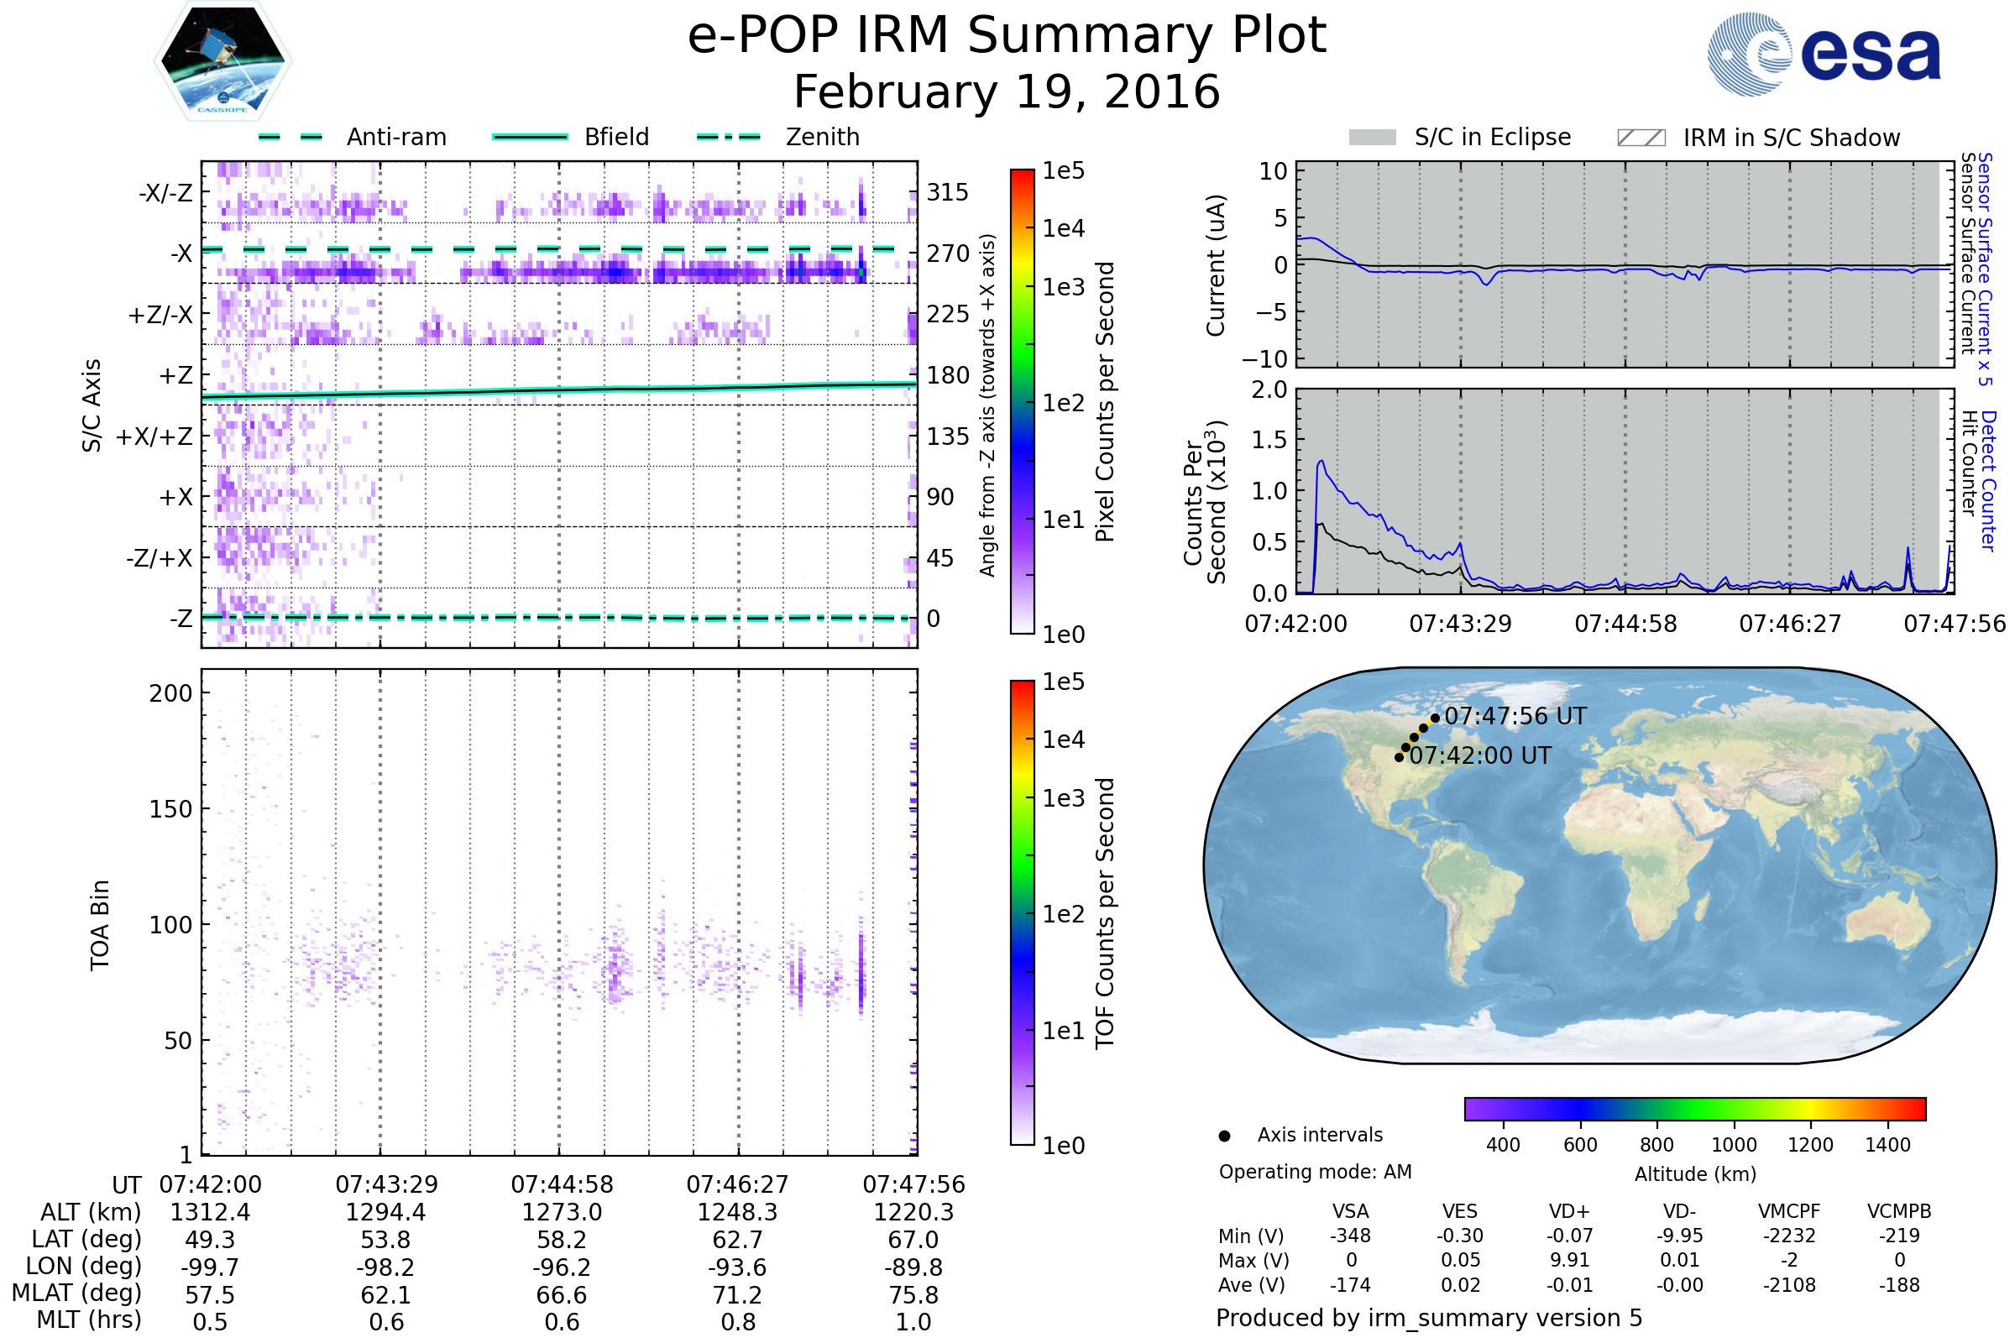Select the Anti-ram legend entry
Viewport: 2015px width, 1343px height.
395,137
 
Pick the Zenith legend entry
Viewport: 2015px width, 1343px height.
822,137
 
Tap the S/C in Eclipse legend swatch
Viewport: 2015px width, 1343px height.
1372,138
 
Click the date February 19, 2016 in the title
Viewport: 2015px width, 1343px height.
1007,92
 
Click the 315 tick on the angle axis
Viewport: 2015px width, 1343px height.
947,192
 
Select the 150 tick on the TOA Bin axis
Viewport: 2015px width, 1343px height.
170,809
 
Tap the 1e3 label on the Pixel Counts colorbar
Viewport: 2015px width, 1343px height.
1063,287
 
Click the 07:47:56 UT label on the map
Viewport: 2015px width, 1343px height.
1515,716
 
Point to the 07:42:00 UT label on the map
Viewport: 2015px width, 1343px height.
1479,755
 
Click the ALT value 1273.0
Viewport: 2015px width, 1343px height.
561,1212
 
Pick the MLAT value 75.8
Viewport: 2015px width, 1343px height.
913,1294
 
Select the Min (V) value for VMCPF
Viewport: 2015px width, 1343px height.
1789,1236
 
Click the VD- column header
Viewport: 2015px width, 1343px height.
1679,1211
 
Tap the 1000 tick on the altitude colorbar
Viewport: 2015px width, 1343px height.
1733,1145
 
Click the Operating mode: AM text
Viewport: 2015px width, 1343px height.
1315,1172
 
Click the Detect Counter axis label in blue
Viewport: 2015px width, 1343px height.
1988,480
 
